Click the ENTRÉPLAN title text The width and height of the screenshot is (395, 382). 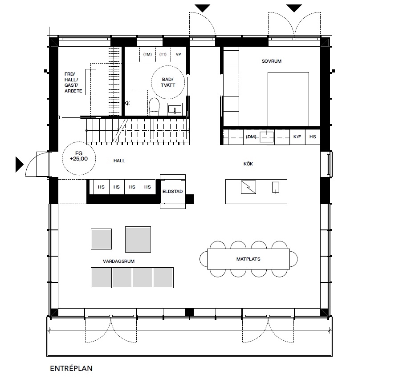point(71,368)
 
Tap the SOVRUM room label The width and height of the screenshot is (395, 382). point(271,61)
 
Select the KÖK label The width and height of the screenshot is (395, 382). point(248,164)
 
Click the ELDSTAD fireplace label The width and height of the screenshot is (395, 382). point(172,191)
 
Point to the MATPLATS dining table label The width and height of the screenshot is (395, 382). point(248,259)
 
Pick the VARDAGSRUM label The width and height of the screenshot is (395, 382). point(118,261)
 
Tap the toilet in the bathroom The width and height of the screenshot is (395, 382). point(155,107)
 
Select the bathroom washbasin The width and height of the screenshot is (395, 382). point(175,109)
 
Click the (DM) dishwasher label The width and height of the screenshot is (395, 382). point(251,137)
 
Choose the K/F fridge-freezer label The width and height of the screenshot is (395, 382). point(297,137)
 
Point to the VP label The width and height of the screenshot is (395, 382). point(179,54)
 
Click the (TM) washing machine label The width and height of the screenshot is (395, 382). point(147,54)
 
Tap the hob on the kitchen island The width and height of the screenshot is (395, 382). point(248,187)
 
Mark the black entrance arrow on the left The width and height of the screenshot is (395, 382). point(20,165)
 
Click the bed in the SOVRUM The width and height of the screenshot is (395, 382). point(288,99)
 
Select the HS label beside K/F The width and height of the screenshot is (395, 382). point(313,137)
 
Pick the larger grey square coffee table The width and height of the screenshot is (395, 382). point(138,239)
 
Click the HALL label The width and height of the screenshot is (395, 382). point(119,161)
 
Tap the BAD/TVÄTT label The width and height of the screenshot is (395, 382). point(168,82)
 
